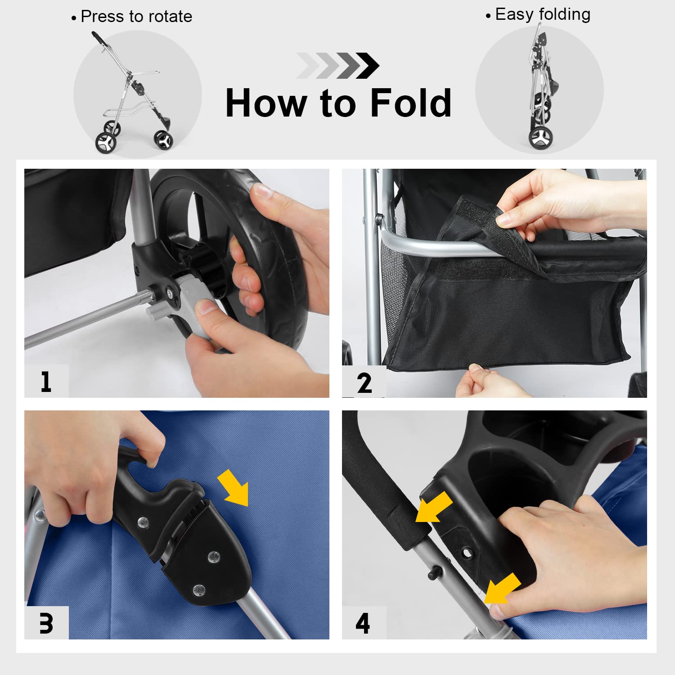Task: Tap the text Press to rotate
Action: (136, 17)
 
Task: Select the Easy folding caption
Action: (543, 14)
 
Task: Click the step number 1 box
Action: (46, 381)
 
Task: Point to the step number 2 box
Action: (364, 382)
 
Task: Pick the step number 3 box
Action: (46, 623)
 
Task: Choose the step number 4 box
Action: (364, 623)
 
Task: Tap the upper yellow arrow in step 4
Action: (433, 507)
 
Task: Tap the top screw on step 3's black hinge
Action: (144, 522)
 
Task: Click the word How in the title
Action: (265, 103)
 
